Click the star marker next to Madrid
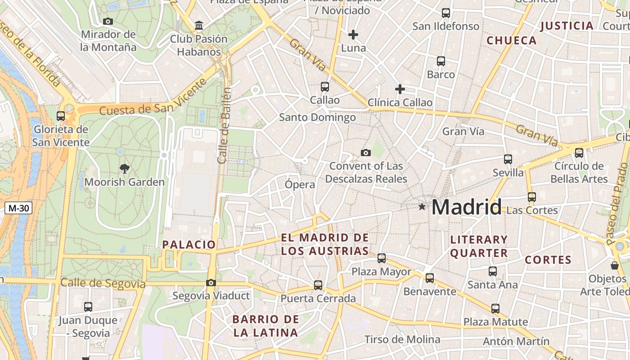pos(422,207)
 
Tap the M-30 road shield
pos(18,208)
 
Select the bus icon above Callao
pos(324,86)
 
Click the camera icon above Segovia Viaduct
pos(211,283)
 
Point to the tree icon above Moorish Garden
pos(124,169)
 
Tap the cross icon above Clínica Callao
pos(400,89)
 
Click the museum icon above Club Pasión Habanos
pos(199,26)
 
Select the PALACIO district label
pos(189,245)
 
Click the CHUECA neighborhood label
pos(512,40)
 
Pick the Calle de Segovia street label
pos(103,283)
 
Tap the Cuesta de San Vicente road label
pos(153,103)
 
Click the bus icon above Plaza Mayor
pos(382,258)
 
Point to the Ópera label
pos(300,184)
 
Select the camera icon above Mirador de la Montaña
pos(108,21)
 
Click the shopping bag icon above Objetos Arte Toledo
pos(614,265)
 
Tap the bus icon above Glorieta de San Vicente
pos(61,116)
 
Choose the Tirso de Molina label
pos(402,339)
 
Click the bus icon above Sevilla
pos(508,159)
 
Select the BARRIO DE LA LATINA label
pos(265,326)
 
